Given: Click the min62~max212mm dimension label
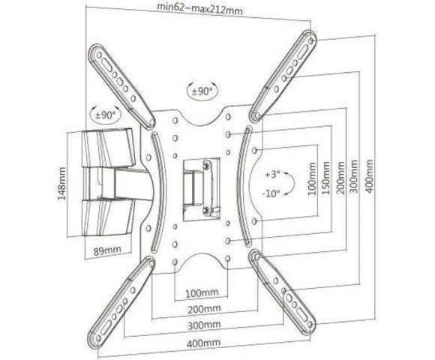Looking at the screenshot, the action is [199, 10].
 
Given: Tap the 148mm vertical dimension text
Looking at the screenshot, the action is [61, 183].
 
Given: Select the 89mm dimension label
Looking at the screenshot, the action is [107, 250].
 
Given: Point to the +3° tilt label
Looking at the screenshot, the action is [272, 175].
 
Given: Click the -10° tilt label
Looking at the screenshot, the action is [271, 193].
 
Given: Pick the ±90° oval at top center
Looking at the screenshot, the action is [202, 91].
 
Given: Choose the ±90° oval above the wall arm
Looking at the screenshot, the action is [106, 114].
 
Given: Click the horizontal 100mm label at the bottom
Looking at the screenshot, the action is [202, 292].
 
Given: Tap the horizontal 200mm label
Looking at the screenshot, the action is [204, 309].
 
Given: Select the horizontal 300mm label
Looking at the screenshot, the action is [204, 325].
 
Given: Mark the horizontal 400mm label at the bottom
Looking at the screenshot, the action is [204, 343].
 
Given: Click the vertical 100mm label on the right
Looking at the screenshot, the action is [312, 179].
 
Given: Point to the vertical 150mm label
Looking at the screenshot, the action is [326, 178].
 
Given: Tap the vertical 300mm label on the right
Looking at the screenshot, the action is [354, 176].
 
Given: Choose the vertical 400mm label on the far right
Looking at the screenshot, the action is [369, 175].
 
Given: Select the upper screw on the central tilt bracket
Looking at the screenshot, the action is [206, 165].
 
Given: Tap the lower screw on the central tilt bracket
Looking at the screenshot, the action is [206, 210].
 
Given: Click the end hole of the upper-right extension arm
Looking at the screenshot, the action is [311, 41].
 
